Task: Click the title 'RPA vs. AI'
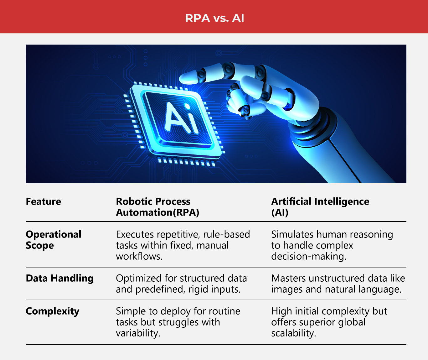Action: coord(214,18)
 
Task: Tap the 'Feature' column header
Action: coord(44,201)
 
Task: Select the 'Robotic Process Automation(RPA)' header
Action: coord(157,207)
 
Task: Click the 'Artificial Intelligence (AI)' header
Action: coord(320,207)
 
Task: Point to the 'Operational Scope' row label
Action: coord(53,240)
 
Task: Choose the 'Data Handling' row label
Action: coord(59,278)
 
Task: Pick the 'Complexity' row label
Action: coord(52,311)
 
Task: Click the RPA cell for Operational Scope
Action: coord(183,245)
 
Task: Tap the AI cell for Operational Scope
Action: coord(332,245)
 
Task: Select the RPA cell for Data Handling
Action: coord(181,284)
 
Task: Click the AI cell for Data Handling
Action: coord(338,284)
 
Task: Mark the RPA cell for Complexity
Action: coord(178,322)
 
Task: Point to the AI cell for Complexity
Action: coord(329,322)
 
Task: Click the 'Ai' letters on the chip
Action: coord(182,118)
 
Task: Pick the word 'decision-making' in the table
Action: coord(308,256)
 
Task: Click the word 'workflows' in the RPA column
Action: coord(138,256)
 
